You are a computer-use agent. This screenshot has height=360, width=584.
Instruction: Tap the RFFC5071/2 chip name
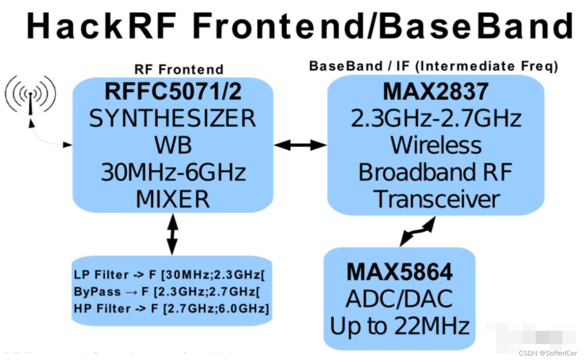click(x=173, y=92)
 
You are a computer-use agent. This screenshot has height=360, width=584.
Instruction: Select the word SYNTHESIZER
click(x=173, y=118)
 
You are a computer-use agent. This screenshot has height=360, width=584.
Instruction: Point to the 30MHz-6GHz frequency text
click(x=173, y=172)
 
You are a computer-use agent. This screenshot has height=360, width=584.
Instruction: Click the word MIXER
click(x=173, y=199)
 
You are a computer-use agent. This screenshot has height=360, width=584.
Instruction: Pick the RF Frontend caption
click(x=179, y=70)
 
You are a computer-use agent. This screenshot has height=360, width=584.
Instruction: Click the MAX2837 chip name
click(x=436, y=92)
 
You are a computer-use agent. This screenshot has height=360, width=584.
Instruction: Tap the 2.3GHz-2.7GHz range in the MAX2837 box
click(x=436, y=118)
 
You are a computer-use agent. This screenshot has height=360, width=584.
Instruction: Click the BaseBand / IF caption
click(x=433, y=66)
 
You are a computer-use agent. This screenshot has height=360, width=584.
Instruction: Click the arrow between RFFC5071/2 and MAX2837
click(x=300, y=145)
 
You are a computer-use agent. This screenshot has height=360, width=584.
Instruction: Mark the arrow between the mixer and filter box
click(x=172, y=234)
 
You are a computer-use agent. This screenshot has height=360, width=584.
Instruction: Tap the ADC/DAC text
click(x=399, y=299)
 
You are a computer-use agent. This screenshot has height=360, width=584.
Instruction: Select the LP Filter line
click(x=169, y=275)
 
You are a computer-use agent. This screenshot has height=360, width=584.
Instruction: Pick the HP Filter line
click(x=171, y=309)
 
